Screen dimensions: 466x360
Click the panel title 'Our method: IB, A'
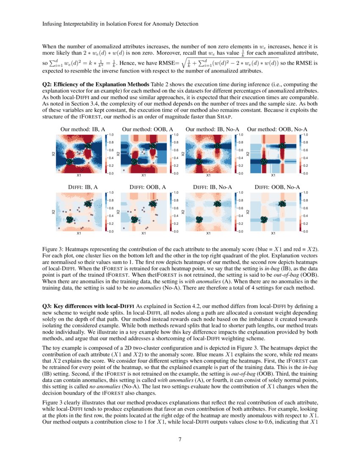pos(80,129)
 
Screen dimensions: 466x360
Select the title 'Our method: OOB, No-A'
pos(277,129)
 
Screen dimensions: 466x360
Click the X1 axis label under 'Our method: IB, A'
pos(79,175)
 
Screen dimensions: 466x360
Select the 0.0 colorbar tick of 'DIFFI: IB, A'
pos(111,232)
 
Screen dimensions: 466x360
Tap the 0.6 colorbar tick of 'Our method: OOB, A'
pos(176,150)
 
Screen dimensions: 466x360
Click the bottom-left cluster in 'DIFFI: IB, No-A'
pos(199,219)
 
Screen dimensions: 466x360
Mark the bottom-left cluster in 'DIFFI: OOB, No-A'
pos(264,219)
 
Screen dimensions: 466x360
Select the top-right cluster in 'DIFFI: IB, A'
pos(88,203)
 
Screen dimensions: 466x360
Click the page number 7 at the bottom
pos(180,439)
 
